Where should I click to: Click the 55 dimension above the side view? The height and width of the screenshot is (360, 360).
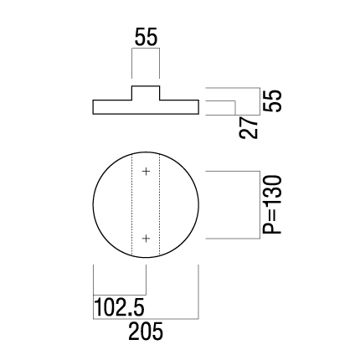147,37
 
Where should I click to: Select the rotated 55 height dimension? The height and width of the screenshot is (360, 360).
273,101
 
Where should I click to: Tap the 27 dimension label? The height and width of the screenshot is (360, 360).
249,127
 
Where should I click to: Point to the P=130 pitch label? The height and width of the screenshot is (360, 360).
272,204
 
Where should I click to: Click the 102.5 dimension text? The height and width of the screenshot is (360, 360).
120,306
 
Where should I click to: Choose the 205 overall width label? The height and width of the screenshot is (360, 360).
146,332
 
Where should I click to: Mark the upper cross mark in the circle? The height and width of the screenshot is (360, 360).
146,171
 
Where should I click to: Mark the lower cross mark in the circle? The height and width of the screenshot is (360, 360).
146,239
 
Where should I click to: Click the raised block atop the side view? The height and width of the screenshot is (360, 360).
146,93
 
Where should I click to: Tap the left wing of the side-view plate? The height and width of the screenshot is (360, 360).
112,107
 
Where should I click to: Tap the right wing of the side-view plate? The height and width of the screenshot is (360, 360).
179,107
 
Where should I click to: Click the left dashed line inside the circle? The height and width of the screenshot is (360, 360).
131,204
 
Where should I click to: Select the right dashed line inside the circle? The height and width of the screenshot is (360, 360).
159,204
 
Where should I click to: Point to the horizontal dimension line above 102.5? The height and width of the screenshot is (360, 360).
120,295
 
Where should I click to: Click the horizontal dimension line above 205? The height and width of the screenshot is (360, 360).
146,319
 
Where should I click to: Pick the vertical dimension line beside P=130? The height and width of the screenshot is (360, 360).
260,205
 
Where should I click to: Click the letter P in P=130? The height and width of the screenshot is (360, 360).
272,228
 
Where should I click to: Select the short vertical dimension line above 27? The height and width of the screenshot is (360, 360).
235,108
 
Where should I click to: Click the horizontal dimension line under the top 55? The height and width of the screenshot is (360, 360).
146,49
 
